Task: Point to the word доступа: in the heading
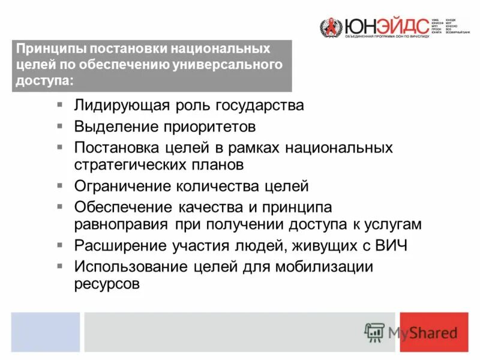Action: (46, 81)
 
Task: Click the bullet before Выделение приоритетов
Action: (60, 126)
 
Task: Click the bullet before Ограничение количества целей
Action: (60, 185)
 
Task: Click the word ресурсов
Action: (107, 283)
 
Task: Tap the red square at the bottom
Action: (434, 332)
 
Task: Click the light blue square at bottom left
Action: (45, 332)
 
